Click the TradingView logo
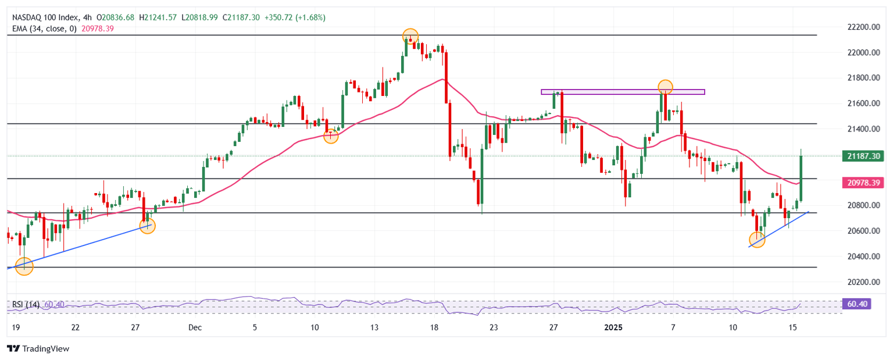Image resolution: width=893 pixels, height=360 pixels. (38, 348)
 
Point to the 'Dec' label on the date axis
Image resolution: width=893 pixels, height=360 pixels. (195, 327)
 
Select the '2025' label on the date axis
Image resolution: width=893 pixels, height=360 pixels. (613, 327)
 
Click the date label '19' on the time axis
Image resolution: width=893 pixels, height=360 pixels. (11, 327)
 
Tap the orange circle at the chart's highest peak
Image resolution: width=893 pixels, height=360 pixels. (410, 36)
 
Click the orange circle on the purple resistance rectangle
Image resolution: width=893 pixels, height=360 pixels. (665, 88)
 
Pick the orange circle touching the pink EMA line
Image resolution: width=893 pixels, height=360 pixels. (331, 137)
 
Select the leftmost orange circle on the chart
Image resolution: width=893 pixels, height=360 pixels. (24, 267)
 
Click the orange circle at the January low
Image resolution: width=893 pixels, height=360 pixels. (757, 240)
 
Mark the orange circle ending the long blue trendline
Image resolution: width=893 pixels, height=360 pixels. (148, 226)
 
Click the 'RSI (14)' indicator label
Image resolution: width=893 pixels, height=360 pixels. (25, 305)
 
